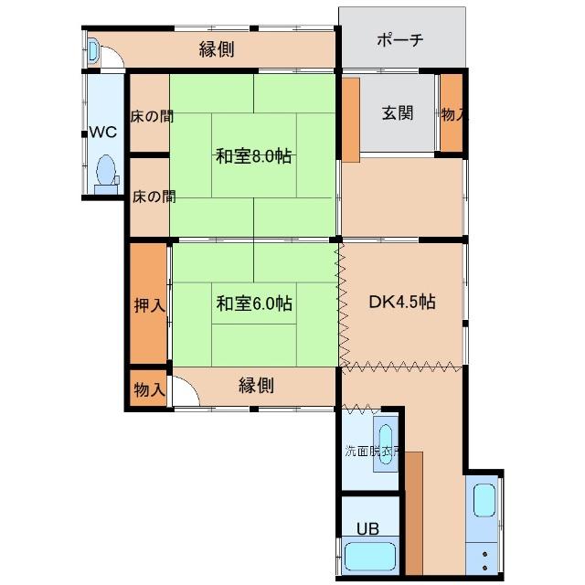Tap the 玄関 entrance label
397,113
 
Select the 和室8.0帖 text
253,156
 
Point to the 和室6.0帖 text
253,303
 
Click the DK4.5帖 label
401,303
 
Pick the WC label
102,132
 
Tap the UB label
367,528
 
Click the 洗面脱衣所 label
370,452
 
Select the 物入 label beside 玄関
452,114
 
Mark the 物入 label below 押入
148,389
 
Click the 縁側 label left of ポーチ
217,49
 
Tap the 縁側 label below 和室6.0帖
256,386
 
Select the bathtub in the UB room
370,557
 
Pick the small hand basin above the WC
94,49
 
